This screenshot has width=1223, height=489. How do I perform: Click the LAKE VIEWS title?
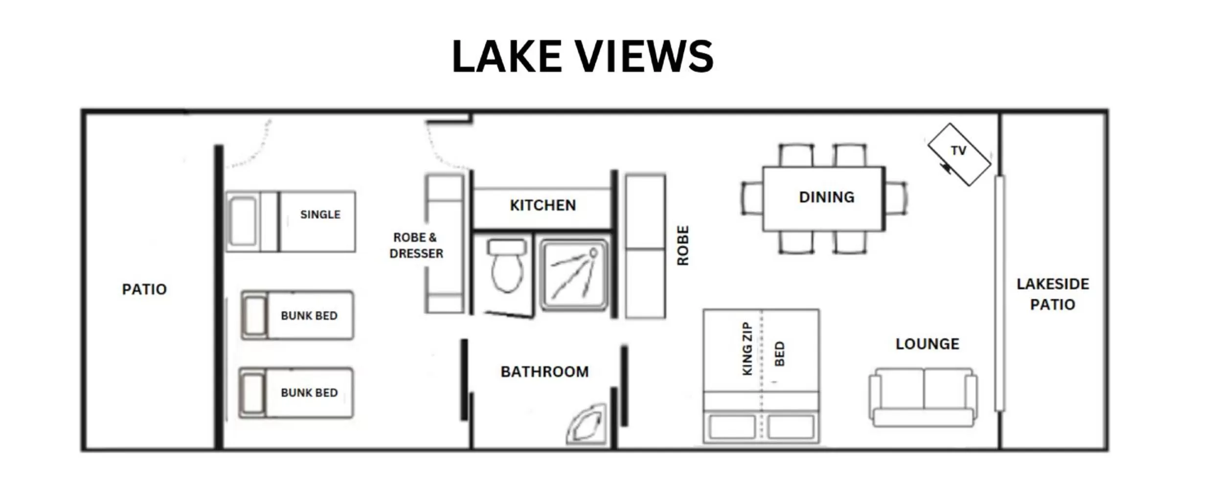(582, 57)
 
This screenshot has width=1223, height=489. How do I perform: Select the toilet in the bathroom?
(507, 267)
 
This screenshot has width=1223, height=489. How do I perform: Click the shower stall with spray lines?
(573, 275)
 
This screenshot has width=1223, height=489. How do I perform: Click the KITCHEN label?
(543, 205)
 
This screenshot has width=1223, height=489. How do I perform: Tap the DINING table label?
(826, 198)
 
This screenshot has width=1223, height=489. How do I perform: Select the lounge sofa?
(923, 397)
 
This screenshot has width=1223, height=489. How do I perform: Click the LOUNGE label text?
(927, 344)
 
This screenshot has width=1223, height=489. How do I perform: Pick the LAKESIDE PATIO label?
(1052, 294)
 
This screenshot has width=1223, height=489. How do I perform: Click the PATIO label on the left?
(144, 289)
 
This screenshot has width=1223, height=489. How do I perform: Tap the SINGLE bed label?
(320, 215)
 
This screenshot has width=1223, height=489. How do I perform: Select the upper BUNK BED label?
(309, 316)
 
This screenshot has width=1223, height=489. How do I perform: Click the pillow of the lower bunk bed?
(253, 393)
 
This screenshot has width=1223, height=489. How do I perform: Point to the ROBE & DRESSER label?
(416, 245)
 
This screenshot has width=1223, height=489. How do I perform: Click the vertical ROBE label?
(683, 246)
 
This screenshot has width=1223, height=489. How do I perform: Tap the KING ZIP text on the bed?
(747, 349)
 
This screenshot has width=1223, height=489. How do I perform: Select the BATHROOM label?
(544, 372)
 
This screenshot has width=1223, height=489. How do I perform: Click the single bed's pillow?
(243, 222)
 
